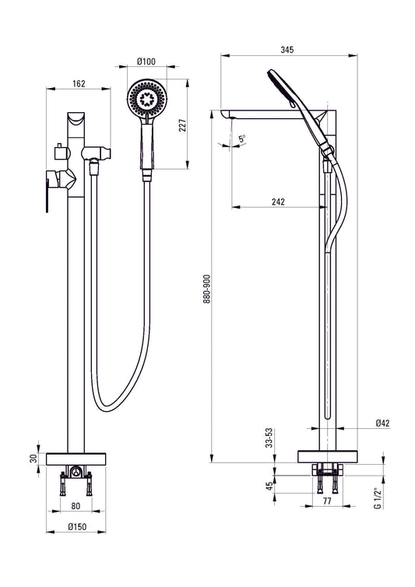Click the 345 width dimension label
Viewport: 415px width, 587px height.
click(x=287, y=49)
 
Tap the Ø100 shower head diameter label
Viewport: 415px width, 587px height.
click(x=146, y=62)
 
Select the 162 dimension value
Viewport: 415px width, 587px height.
click(x=79, y=83)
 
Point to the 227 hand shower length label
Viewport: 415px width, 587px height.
click(x=182, y=125)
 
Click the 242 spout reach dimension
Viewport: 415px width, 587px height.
click(x=278, y=202)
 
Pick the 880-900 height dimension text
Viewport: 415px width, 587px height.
click(x=207, y=289)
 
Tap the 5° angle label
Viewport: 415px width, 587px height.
click(x=242, y=139)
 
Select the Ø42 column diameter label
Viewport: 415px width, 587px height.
click(x=383, y=423)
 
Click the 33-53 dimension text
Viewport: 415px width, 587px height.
click(x=269, y=438)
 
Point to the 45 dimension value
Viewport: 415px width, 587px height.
click(x=269, y=486)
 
